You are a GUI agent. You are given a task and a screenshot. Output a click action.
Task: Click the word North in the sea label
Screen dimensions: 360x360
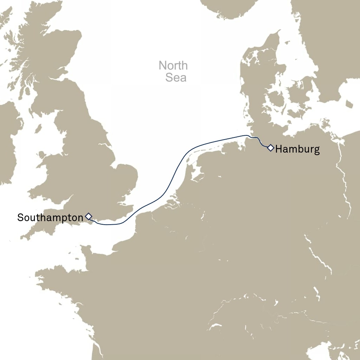point(173,65)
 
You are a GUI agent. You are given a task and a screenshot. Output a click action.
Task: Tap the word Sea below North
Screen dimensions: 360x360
point(176,77)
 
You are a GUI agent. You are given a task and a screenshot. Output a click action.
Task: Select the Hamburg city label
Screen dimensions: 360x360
point(297,149)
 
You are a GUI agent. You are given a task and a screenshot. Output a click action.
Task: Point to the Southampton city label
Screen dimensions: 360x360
point(50,218)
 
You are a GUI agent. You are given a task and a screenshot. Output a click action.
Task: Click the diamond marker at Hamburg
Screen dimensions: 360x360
point(270,148)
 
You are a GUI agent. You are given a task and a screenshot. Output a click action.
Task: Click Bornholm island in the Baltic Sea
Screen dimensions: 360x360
point(349,104)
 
